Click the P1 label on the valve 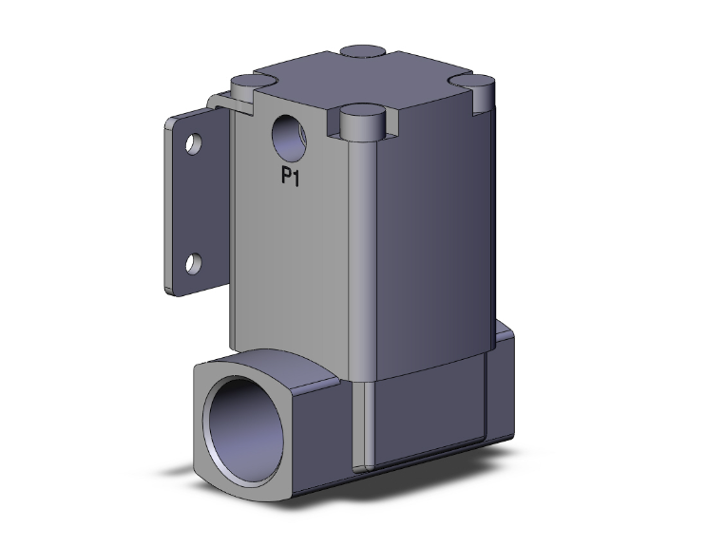pos(289,176)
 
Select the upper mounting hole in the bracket pos(194,145)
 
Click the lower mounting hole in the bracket pos(194,262)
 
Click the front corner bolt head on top pos(362,120)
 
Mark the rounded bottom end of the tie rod pos(360,462)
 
